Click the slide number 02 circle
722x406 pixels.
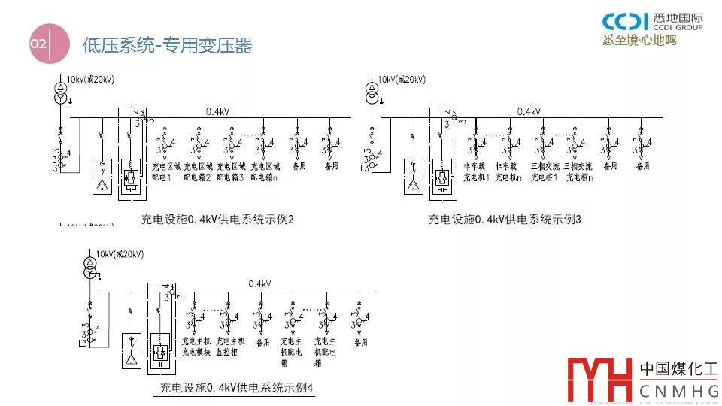(x=38, y=44)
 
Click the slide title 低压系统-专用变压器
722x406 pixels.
(x=167, y=45)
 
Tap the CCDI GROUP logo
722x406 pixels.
(x=653, y=22)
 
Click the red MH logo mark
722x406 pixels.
(x=599, y=379)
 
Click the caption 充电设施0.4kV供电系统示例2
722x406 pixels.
(x=217, y=220)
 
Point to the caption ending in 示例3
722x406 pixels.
(x=505, y=220)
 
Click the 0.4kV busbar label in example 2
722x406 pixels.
(x=218, y=111)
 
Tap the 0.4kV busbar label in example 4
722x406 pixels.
(x=259, y=283)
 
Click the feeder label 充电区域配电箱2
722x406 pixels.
(x=197, y=171)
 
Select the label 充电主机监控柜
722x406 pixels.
(x=227, y=346)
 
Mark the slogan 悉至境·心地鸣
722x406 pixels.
(x=640, y=40)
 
